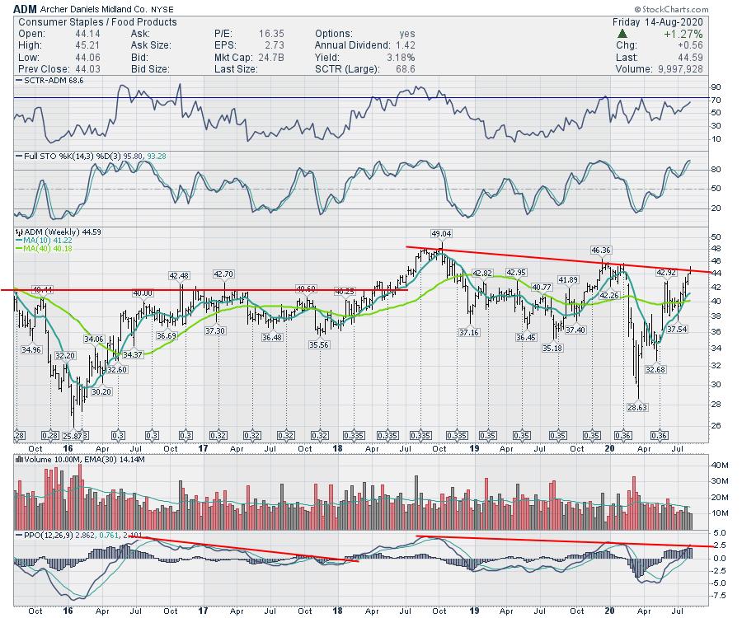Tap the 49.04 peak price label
[x=442, y=233]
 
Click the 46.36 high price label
[x=601, y=250]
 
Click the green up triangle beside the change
[x=622, y=34]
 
